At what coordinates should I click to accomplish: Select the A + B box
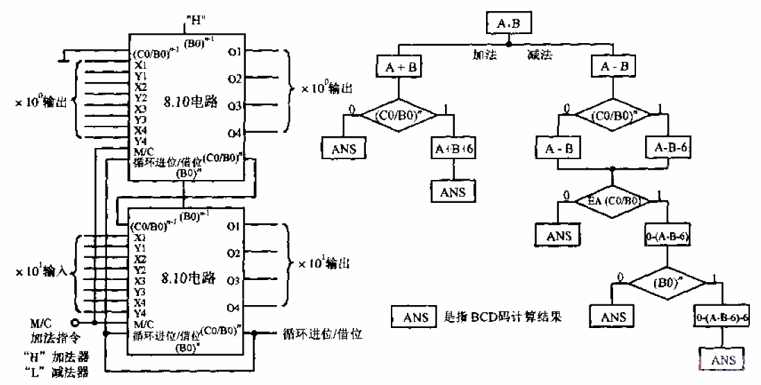399,67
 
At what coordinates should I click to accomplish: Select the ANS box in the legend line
415,317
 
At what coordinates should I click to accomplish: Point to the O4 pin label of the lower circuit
233,306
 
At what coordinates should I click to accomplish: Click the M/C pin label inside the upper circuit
144,151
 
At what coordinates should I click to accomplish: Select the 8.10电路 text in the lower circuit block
185,279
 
